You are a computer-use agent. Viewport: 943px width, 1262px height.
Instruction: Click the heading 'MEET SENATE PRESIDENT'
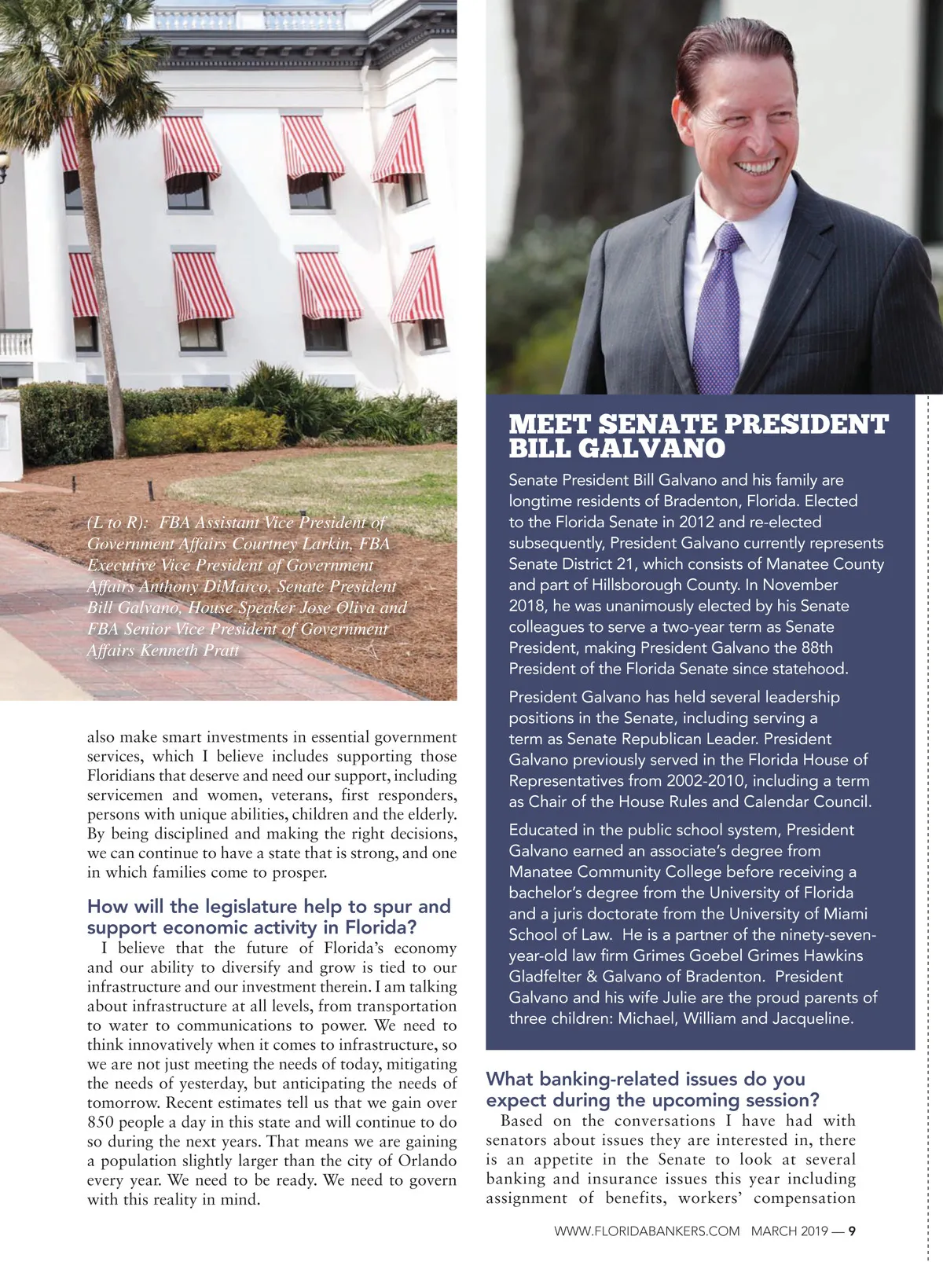(698, 424)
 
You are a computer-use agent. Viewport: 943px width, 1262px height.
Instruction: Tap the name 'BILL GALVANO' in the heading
(617, 449)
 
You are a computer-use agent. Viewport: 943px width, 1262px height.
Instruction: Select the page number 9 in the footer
(852, 1231)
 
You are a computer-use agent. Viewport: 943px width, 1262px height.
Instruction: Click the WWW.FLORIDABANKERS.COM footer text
(647, 1231)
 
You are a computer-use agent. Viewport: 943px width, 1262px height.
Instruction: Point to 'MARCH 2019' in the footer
(789, 1231)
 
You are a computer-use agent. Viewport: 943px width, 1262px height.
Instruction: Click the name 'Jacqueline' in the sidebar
(812, 1018)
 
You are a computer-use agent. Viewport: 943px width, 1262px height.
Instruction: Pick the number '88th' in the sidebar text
(816, 648)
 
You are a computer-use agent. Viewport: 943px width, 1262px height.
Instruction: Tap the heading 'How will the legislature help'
(269, 906)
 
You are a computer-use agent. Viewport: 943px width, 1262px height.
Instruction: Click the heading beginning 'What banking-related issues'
(645, 1079)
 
